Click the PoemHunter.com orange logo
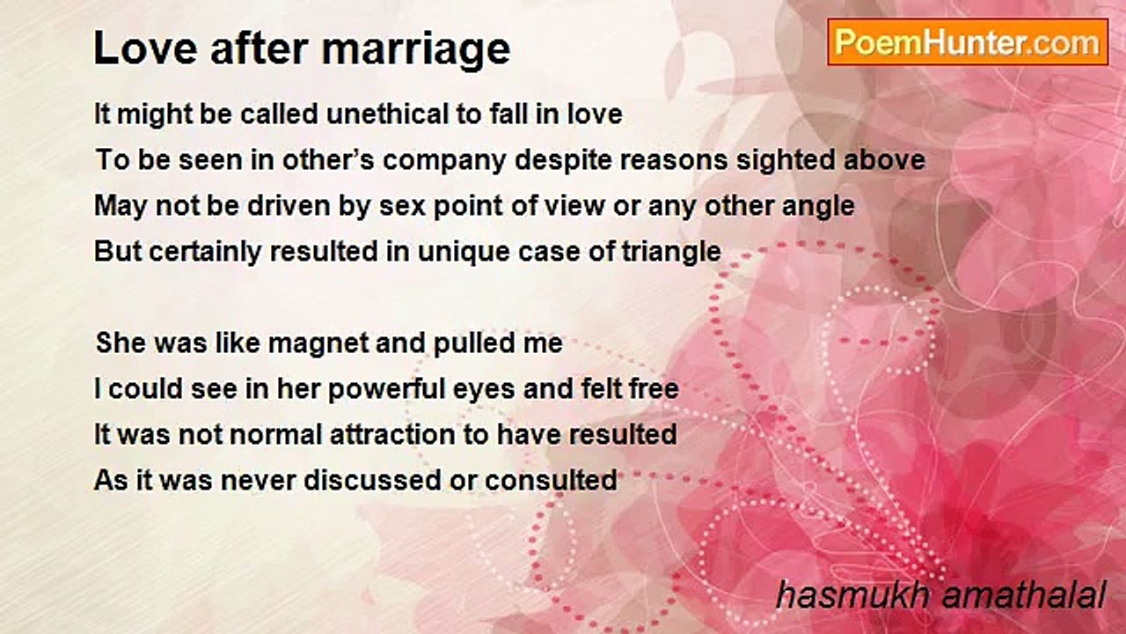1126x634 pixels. pos(968,42)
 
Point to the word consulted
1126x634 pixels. pos(551,481)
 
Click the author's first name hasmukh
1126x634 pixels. pos(853,596)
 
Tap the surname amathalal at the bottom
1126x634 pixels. pos(1024,596)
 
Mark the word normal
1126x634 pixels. pos(275,435)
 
